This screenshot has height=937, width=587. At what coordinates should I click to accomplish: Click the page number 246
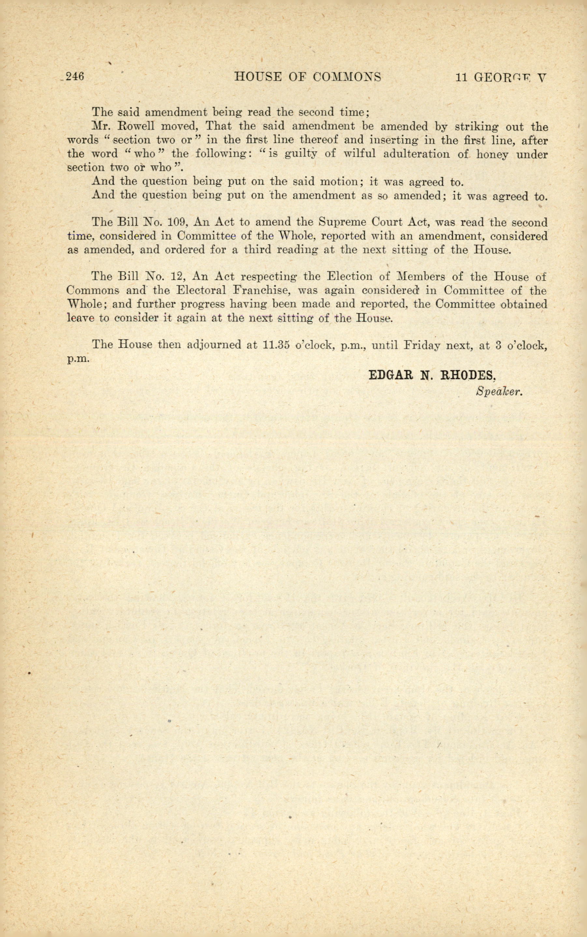(x=75, y=77)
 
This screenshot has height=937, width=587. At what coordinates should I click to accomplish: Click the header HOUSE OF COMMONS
(x=308, y=77)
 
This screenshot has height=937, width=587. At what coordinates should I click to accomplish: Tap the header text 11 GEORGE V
(x=501, y=77)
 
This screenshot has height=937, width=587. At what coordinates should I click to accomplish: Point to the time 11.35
(x=277, y=345)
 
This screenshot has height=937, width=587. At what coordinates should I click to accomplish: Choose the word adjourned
(x=214, y=345)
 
